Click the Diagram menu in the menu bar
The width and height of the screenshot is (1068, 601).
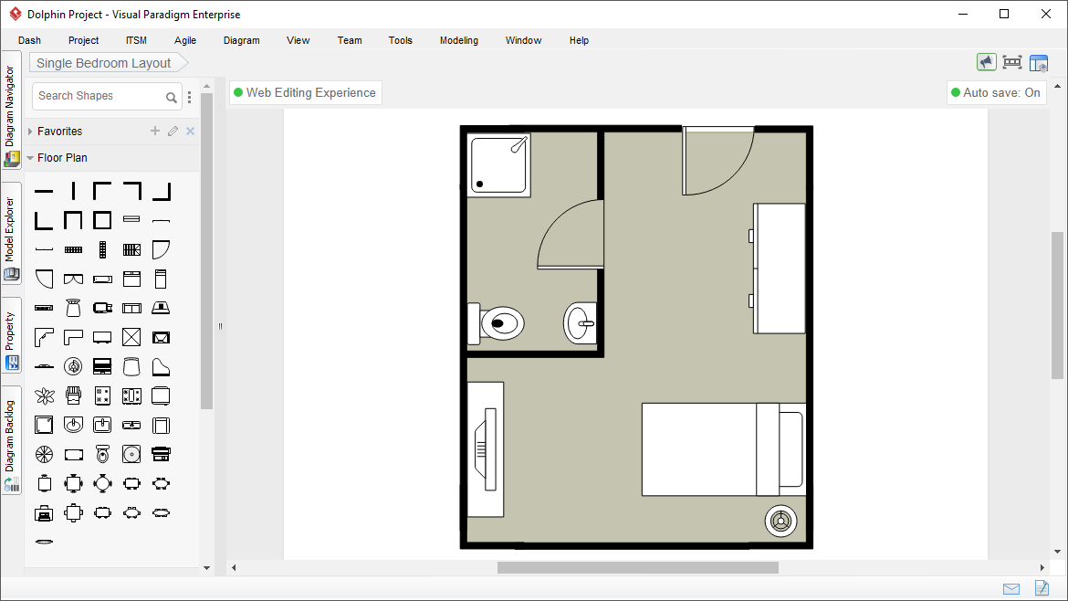[x=241, y=40]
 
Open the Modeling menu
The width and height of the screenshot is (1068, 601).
[x=458, y=40]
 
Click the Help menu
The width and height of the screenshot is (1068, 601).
[x=579, y=40]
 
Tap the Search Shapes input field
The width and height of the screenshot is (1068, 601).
[x=99, y=96]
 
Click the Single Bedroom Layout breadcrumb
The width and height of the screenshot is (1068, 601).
[x=104, y=63]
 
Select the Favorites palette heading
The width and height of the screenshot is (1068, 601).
[x=60, y=132]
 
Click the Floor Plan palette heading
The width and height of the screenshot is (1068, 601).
[x=62, y=158]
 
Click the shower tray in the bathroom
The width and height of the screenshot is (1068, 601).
[x=499, y=164]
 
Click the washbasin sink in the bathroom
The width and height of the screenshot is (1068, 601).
[x=580, y=323]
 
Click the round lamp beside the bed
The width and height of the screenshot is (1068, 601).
[x=780, y=521]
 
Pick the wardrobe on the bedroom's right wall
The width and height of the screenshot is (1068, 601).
[x=779, y=269]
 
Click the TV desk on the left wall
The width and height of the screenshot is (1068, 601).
[x=485, y=448]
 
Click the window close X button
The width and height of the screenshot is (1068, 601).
[x=1046, y=14]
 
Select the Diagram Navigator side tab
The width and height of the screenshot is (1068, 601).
[x=11, y=107]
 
